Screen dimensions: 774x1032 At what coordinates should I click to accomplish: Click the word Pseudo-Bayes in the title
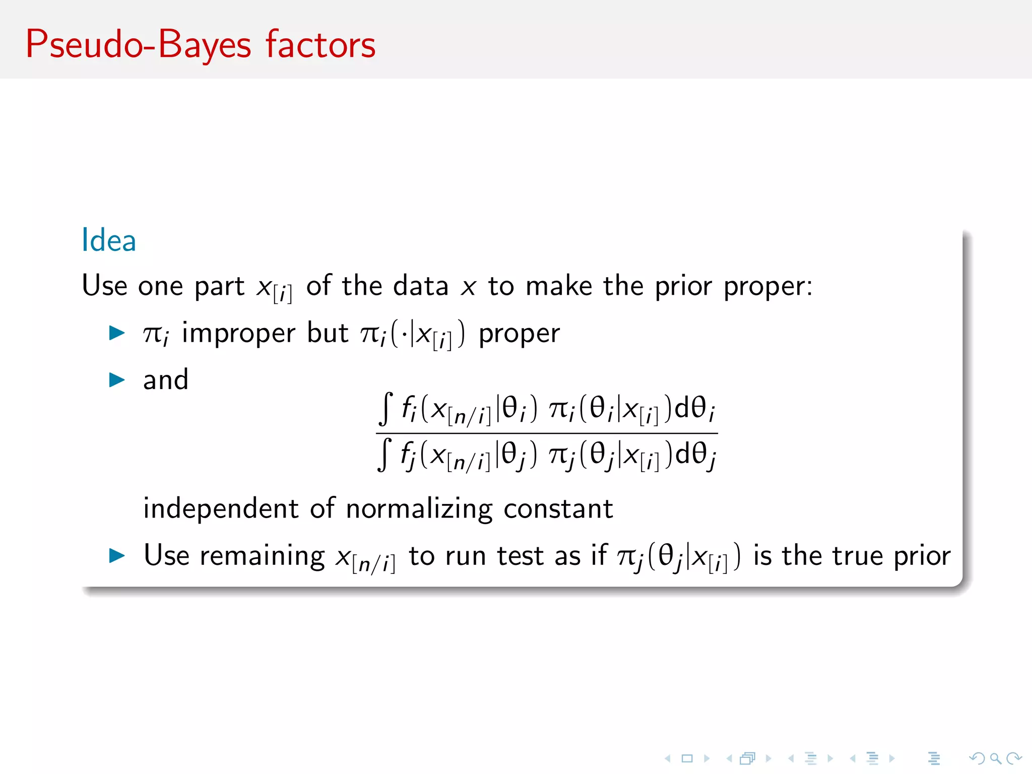coord(138,45)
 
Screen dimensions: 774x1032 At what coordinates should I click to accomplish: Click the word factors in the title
coord(320,45)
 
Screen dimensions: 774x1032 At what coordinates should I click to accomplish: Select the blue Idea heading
coord(109,240)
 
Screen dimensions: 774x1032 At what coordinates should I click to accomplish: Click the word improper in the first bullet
coord(238,334)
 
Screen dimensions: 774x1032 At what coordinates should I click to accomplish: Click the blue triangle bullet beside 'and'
coord(117,380)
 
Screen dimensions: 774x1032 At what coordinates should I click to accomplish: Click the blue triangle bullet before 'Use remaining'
coord(117,556)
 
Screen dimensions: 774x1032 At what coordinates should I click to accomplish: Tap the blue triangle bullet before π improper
coord(117,333)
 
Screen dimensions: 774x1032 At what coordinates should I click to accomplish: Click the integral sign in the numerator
coord(385,409)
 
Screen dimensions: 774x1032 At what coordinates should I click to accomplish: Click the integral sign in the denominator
coord(384,455)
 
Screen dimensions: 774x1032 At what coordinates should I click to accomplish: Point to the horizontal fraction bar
coord(547,433)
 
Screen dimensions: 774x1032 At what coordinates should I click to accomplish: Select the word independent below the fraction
coord(221,508)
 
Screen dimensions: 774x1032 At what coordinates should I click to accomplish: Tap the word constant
coord(558,509)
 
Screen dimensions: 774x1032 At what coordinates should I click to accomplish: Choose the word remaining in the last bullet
coord(262,556)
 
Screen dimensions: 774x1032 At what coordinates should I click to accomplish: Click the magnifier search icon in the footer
coord(995,758)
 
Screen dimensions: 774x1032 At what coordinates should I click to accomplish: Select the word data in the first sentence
coord(421,286)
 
